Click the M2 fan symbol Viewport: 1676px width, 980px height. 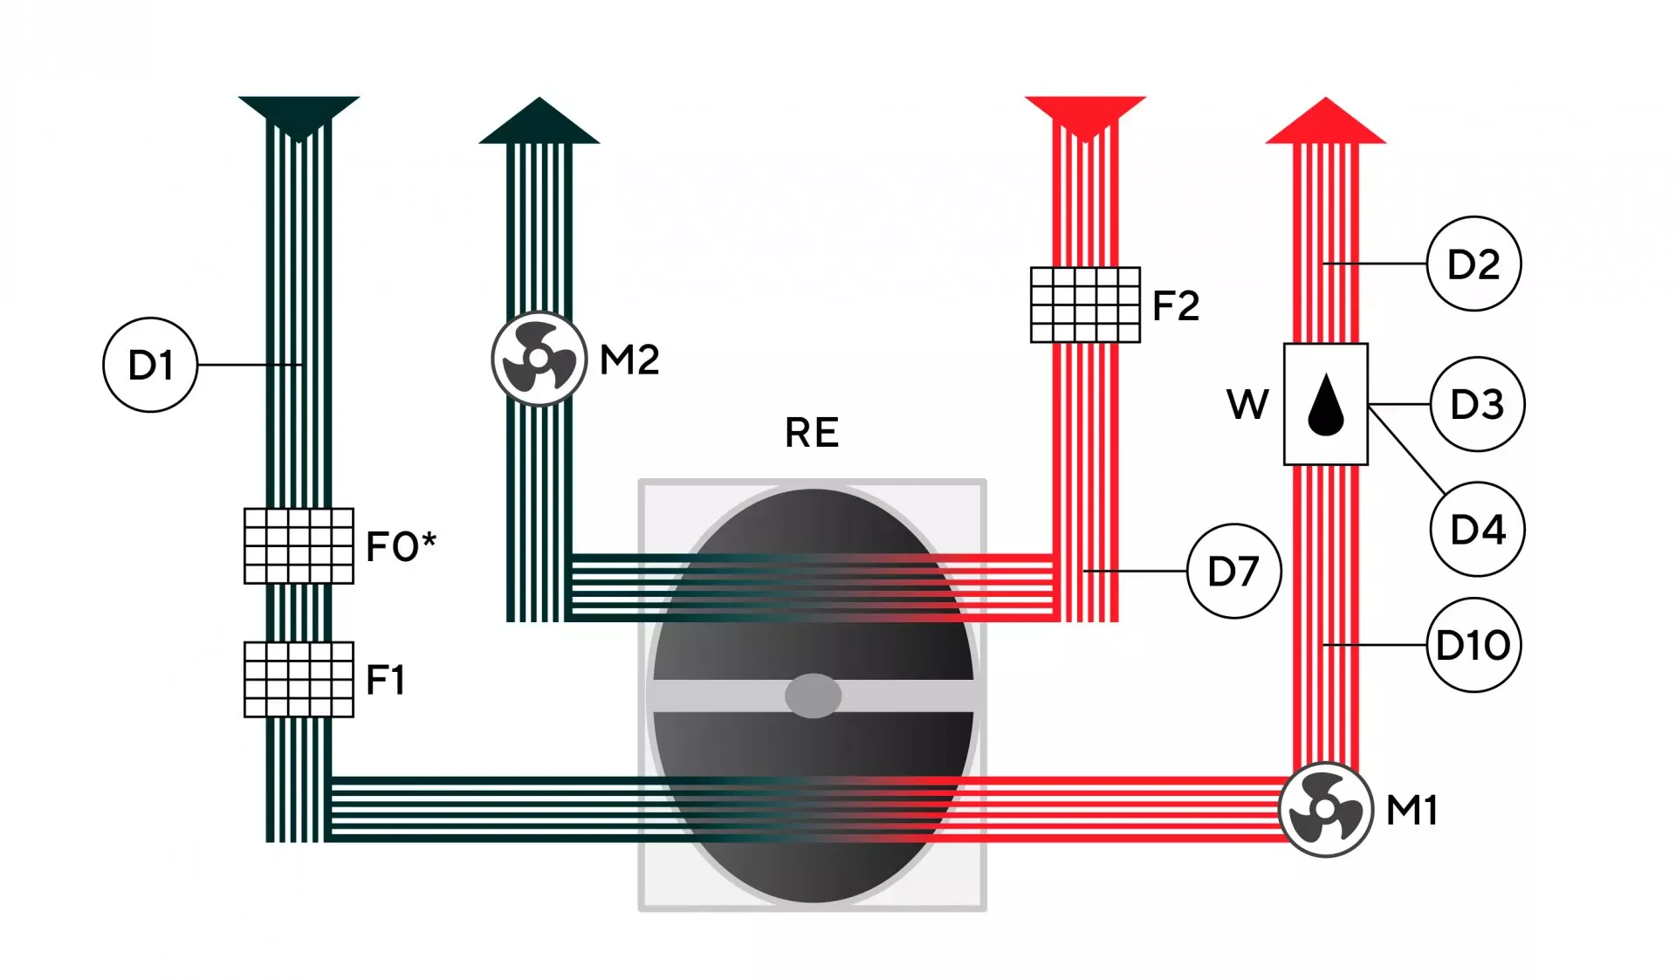(x=539, y=359)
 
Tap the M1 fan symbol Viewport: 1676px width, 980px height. (x=1325, y=810)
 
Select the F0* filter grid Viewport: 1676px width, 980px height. (x=299, y=545)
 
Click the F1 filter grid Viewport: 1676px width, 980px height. (x=299, y=679)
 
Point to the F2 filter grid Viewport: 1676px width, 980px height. (x=1085, y=305)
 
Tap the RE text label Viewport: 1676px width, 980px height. (x=812, y=433)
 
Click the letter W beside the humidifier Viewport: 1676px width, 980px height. (x=1247, y=404)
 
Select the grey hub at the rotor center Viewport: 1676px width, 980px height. (x=813, y=696)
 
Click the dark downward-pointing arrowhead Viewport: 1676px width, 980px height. (x=299, y=119)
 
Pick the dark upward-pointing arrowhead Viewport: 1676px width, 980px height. (x=539, y=120)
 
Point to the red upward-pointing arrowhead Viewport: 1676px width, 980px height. (x=1325, y=120)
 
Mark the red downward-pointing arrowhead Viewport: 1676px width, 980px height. (x=1085, y=119)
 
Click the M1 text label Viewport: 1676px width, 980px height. (x=1412, y=810)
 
